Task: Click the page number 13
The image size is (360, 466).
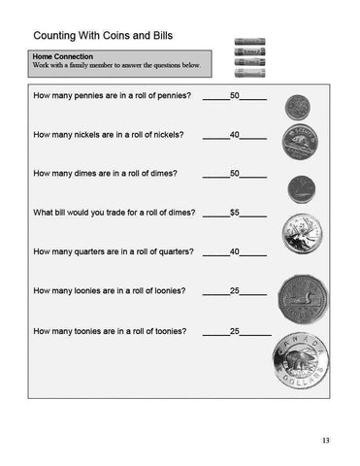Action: pyautogui.click(x=326, y=442)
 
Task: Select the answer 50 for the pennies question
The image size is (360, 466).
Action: pyautogui.click(x=234, y=96)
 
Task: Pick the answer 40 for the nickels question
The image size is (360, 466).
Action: pyautogui.click(x=234, y=135)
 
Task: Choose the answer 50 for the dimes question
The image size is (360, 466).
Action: pyautogui.click(x=234, y=174)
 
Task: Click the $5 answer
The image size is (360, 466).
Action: pyautogui.click(x=234, y=213)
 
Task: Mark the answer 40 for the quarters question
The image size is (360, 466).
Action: pyautogui.click(x=234, y=251)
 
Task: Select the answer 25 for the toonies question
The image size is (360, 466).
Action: pyautogui.click(x=234, y=331)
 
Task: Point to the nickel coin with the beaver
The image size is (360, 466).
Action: pyautogui.click(x=299, y=143)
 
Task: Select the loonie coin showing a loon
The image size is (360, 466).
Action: pyautogui.click(x=301, y=295)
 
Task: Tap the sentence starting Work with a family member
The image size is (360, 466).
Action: pyautogui.click(x=115, y=65)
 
